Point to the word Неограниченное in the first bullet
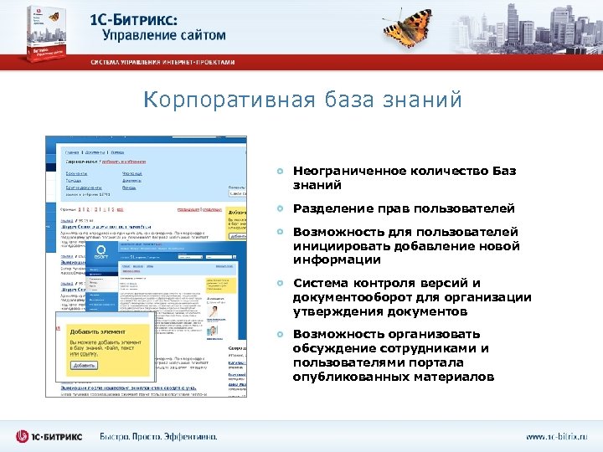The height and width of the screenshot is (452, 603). point(348,171)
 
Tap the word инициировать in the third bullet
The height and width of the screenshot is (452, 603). point(334,246)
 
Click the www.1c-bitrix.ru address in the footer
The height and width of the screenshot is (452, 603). point(557,436)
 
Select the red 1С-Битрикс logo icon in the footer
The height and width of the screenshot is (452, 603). point(23,436)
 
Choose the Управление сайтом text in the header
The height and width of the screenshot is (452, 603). point(164,35)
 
